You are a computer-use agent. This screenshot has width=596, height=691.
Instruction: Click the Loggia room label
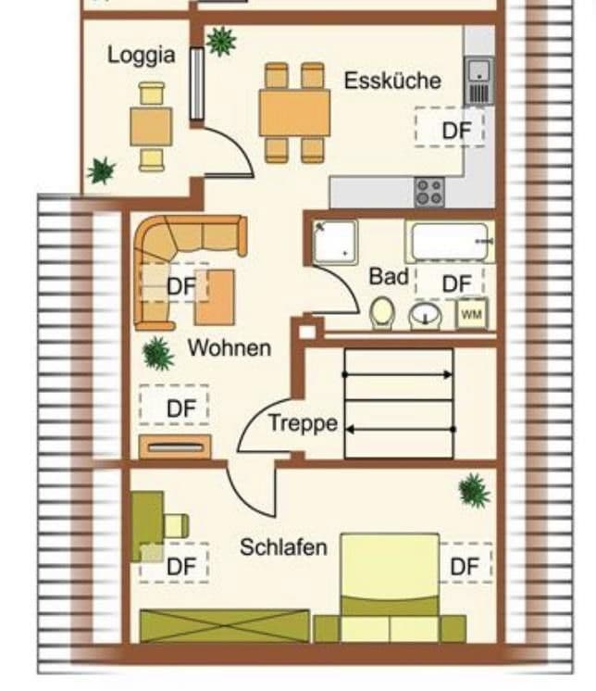coord(141,55)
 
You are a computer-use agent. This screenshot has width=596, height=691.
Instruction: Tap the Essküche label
coord(392,81)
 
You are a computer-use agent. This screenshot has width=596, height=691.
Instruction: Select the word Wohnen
coord(230,348)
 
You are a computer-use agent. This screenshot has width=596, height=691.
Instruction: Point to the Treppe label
coord(303,424)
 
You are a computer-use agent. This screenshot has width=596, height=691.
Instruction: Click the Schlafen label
coord(283,547)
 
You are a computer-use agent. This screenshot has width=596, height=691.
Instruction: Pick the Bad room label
coord(389,276)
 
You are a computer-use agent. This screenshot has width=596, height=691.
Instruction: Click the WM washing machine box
coord(471,315)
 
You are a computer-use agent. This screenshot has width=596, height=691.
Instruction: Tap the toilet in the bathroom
coord(381,314)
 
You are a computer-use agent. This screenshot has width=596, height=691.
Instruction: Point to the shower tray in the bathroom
coord(334,241)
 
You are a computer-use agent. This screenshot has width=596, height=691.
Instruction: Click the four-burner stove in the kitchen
coord(429,192)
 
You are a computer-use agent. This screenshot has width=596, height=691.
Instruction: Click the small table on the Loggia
coord(151,127)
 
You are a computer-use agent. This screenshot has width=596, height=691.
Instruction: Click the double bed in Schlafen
coord(389,584)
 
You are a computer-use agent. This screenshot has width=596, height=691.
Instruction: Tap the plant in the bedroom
coord(474,490)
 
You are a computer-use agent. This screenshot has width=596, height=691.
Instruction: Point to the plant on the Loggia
coord(101,170)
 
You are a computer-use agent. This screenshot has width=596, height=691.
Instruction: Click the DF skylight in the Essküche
coord(450,129)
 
